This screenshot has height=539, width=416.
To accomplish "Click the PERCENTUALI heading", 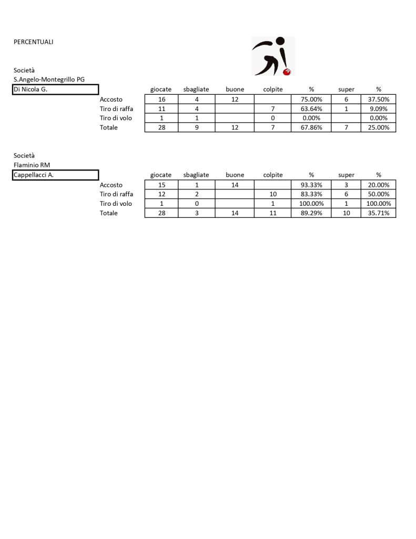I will [34, 42].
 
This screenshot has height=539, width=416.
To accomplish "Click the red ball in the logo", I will [287, 71].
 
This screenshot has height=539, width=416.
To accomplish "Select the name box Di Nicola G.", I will [56, 89].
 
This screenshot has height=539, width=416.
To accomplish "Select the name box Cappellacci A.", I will [56, 175].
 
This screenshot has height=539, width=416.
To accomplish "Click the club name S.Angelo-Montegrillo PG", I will [49, 79].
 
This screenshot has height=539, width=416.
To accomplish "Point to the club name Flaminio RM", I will [32, 165].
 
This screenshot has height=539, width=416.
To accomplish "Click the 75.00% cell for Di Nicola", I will [311, 99].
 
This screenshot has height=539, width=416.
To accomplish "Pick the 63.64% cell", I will [311, 108].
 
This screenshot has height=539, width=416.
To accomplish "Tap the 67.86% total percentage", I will [311, 127].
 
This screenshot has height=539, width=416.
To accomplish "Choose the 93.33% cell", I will [311, 185].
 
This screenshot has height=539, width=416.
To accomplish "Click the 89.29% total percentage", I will [311, 213].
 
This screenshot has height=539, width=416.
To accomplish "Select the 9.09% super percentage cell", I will [378, 108].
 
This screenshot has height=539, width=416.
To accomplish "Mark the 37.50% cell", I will [378, 99].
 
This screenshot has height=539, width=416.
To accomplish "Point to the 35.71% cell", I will [378, 213].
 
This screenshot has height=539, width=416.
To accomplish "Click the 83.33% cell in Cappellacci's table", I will [311, 194].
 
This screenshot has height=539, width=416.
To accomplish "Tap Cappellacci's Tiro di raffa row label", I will [116, 194].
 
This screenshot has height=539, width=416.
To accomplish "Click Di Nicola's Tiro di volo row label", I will [116, 118].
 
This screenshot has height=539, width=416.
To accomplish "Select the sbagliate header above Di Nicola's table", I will [196, 89].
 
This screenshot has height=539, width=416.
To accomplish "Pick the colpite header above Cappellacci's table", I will [273, 175].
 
